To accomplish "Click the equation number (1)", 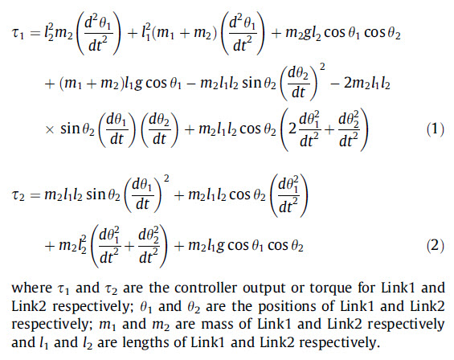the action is tap(436, 129).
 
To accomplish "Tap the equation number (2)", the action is tap(436, 246).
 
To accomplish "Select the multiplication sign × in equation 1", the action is tap(50, 129).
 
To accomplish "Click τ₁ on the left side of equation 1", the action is tap(18, 34).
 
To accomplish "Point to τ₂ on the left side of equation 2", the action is tap(18, 196).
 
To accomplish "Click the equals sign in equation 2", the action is tap(35, 195).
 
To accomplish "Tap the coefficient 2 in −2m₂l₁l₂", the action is tap(348, 83).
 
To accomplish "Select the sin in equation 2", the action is tap(96, 194).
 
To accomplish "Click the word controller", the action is tap(206, 288).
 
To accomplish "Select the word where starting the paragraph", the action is tap(31, 288).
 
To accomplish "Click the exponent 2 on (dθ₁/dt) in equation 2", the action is tap(166, 179).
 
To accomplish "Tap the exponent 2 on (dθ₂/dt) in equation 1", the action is tap(322, 67).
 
